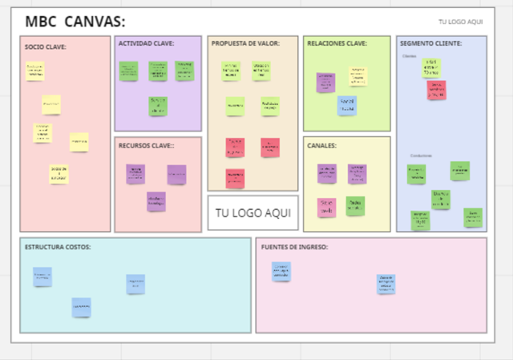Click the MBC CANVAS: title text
click(x=75, y=22)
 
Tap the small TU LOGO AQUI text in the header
click(x=460, y=22)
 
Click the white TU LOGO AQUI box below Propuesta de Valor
click(x=252, y=214)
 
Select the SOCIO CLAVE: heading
click(x=46, y=47)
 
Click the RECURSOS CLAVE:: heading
click(x=147, y=145)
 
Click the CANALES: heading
click(x=321, y=145)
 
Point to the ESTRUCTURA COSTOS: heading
click(x=57, y=246)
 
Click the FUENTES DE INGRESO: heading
click(x=294, y=246)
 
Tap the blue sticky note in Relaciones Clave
click(x=347, y=105)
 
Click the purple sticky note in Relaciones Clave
click(x=325, y=82)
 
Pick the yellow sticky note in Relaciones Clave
click(x=357, y=76)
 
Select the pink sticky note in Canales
click(x=326, y=207)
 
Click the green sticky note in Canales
click(x=356, y=206)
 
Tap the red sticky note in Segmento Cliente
click(x=436, y=90)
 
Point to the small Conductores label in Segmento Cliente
click(x=421, y=156)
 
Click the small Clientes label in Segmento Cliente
click(x=410, y=56)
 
